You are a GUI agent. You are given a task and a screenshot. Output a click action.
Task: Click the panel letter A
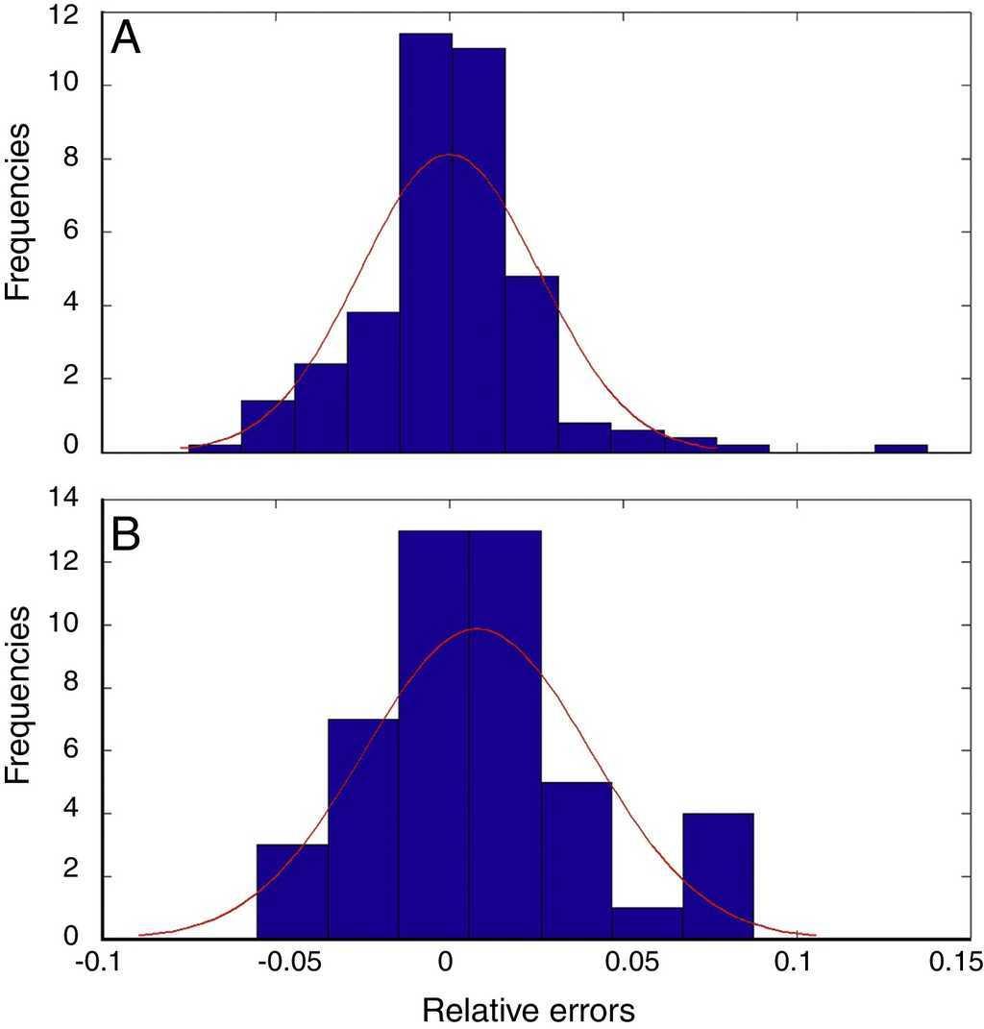pyautogui.click(x=126, y=39)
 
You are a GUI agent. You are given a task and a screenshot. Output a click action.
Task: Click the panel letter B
pyautogui.click(x=127, y=536)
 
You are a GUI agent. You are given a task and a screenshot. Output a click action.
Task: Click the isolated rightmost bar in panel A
pyautogui.click(x=900, y=448)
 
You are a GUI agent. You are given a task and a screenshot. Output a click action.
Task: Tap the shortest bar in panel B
pyautogui.click(x=647, y=923)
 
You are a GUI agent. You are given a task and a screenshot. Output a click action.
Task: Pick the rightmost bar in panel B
pyautogui.click(x=718, y=876)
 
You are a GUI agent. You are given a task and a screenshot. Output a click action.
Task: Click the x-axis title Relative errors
pyautogui.click(x=529, y=1010)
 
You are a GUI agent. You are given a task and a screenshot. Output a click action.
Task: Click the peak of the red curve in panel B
pyautogui.click(x=478, y=629)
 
